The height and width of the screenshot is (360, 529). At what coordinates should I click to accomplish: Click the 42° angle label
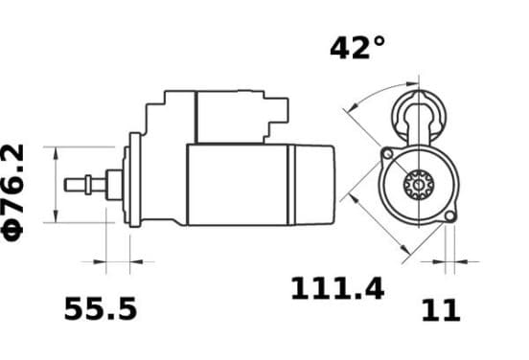click(357, 48)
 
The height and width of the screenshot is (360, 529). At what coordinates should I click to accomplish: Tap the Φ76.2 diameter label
click(12, 192)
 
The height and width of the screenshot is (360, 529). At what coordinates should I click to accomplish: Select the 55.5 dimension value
click(101, 308)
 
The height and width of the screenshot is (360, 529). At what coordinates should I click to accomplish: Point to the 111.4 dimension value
click(337, 288)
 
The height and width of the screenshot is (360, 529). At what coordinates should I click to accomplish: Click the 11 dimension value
click(441, 310)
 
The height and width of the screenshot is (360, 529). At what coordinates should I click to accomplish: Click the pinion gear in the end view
click(419, 185)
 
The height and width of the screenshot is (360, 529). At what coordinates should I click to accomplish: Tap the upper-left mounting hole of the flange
click(387, 154)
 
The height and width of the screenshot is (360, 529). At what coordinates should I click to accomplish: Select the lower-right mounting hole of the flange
click(449, 216)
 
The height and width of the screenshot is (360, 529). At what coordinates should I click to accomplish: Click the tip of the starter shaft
click(65, 185)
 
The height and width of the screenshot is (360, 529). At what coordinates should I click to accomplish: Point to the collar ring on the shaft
click(88, 185)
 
